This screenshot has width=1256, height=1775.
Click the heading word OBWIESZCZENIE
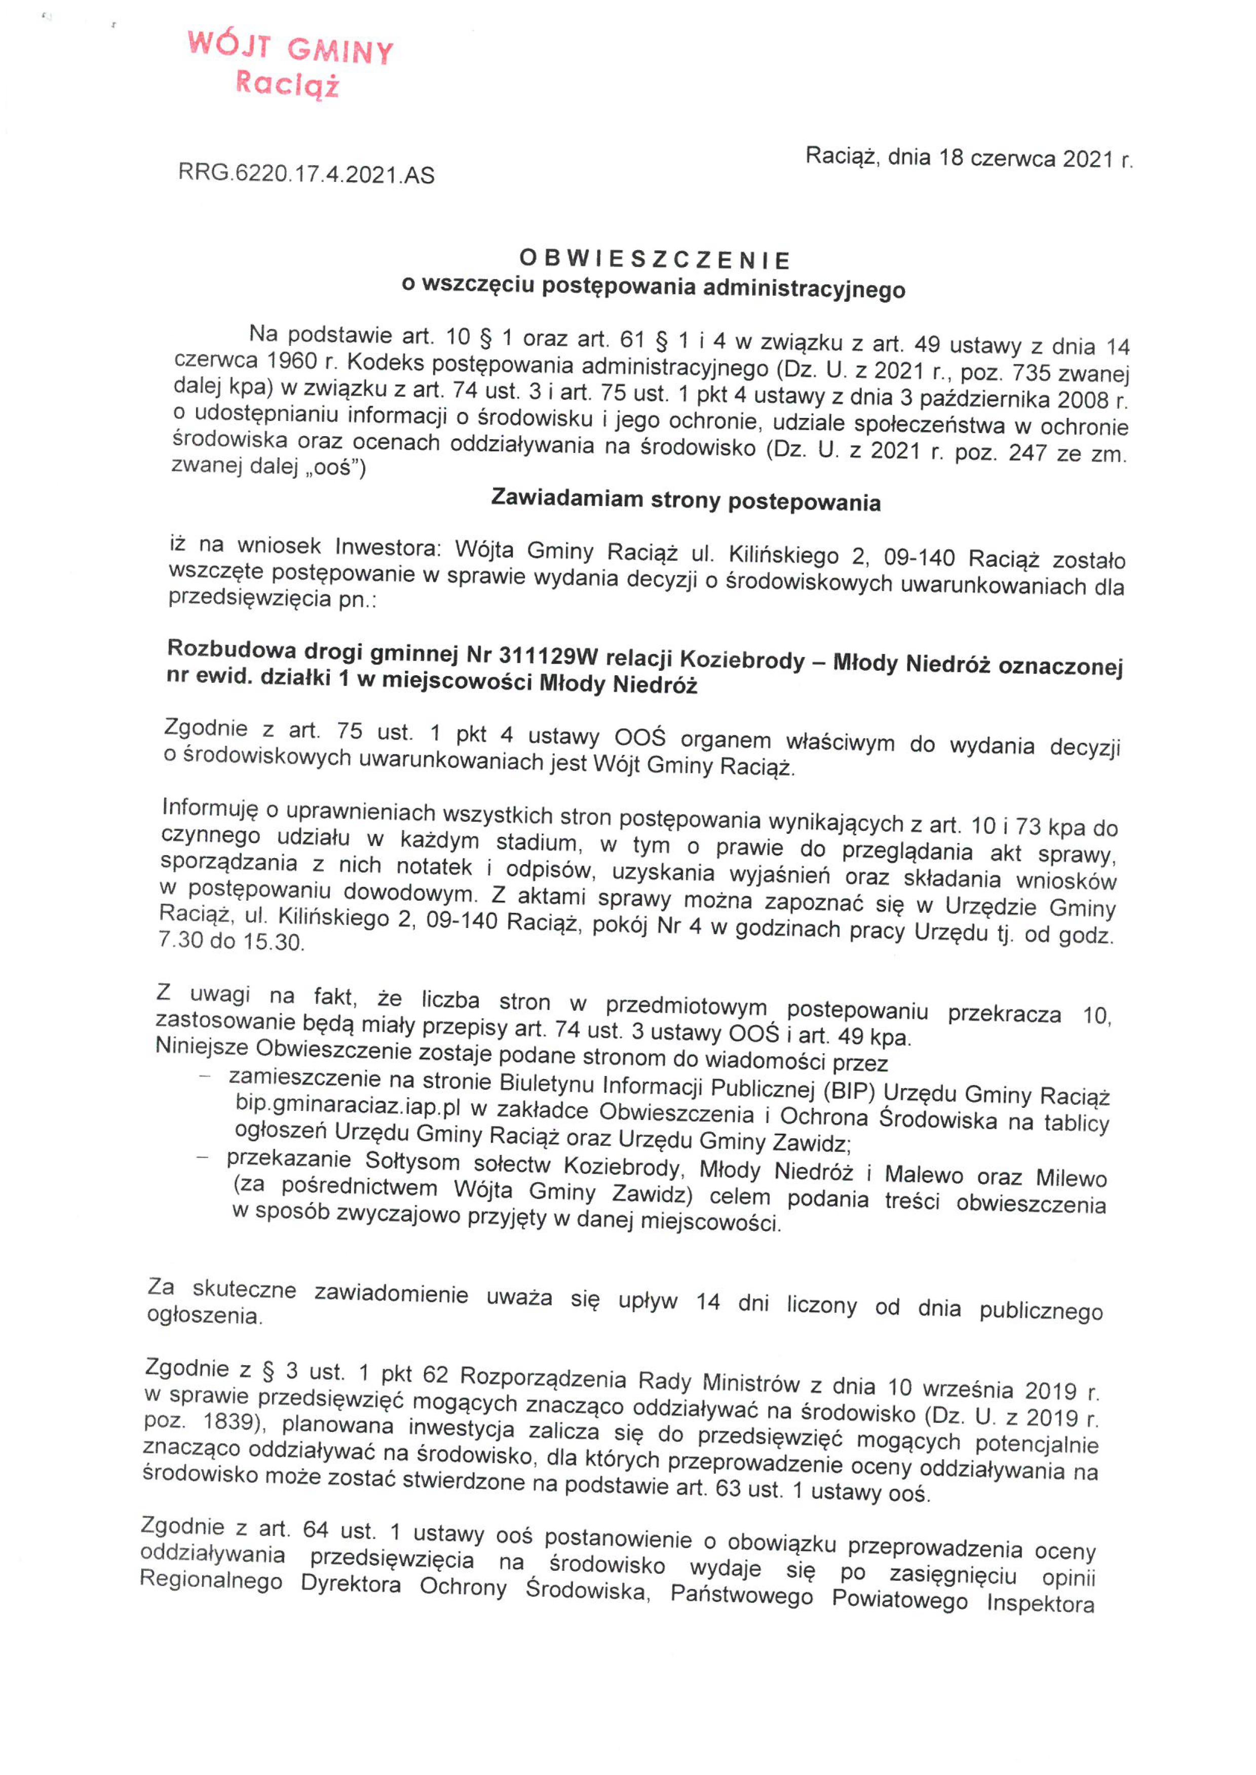[x=654, y=259]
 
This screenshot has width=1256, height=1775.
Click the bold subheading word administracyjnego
[x=805, y=289]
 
